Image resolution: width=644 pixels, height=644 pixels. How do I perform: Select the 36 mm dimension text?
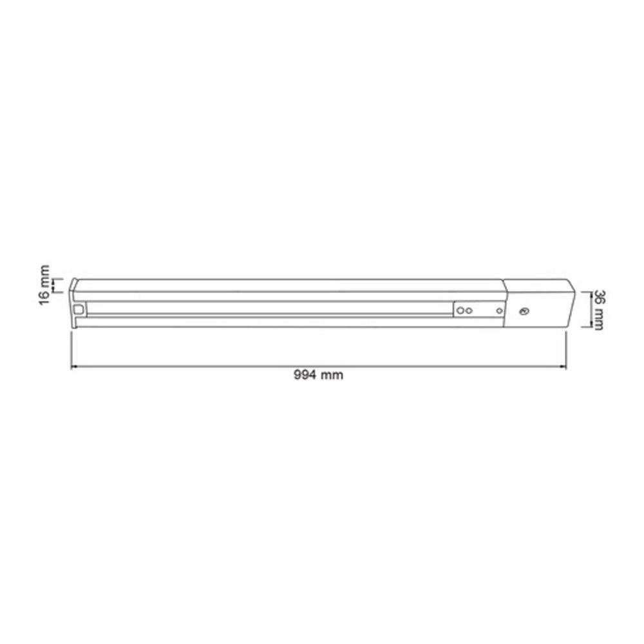(x=598, y=310)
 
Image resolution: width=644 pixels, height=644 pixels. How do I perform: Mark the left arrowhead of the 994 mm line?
(x=73, y=367)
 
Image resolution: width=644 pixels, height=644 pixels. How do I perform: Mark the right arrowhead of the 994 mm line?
(x=563, y=367)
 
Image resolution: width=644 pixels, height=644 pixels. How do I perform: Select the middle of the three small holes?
(x=469, y=311)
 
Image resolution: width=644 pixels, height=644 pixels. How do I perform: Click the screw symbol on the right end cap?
(x=523, y=311)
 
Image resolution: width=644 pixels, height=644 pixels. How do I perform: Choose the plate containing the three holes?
(x=478, y=310)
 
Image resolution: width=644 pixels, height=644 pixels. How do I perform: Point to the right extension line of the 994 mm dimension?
(x=565, y=348)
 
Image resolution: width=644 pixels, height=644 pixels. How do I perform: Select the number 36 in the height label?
(x=598, y=298)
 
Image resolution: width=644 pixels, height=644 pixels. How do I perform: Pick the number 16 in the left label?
(x=43, y=296)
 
